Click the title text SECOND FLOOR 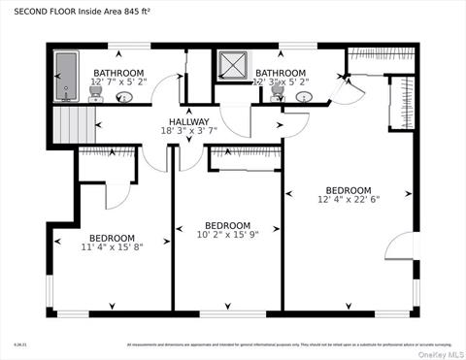pyautogui.click(x=47, y=12)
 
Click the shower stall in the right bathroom pyautogui.click(x=233, y=64)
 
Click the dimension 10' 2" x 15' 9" pyautogui.click(x=228, y=235)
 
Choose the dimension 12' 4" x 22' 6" pyautogui.click(x=348, y=200)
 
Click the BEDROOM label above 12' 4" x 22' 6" pyautogui.click(x=348, y=190)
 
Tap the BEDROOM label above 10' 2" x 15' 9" pyautogui.click(x=228, y=225)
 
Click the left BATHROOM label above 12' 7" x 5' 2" pyautogui.click(x=118, y=73)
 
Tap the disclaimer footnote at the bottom pyautogui.click(x=289, y=344)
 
